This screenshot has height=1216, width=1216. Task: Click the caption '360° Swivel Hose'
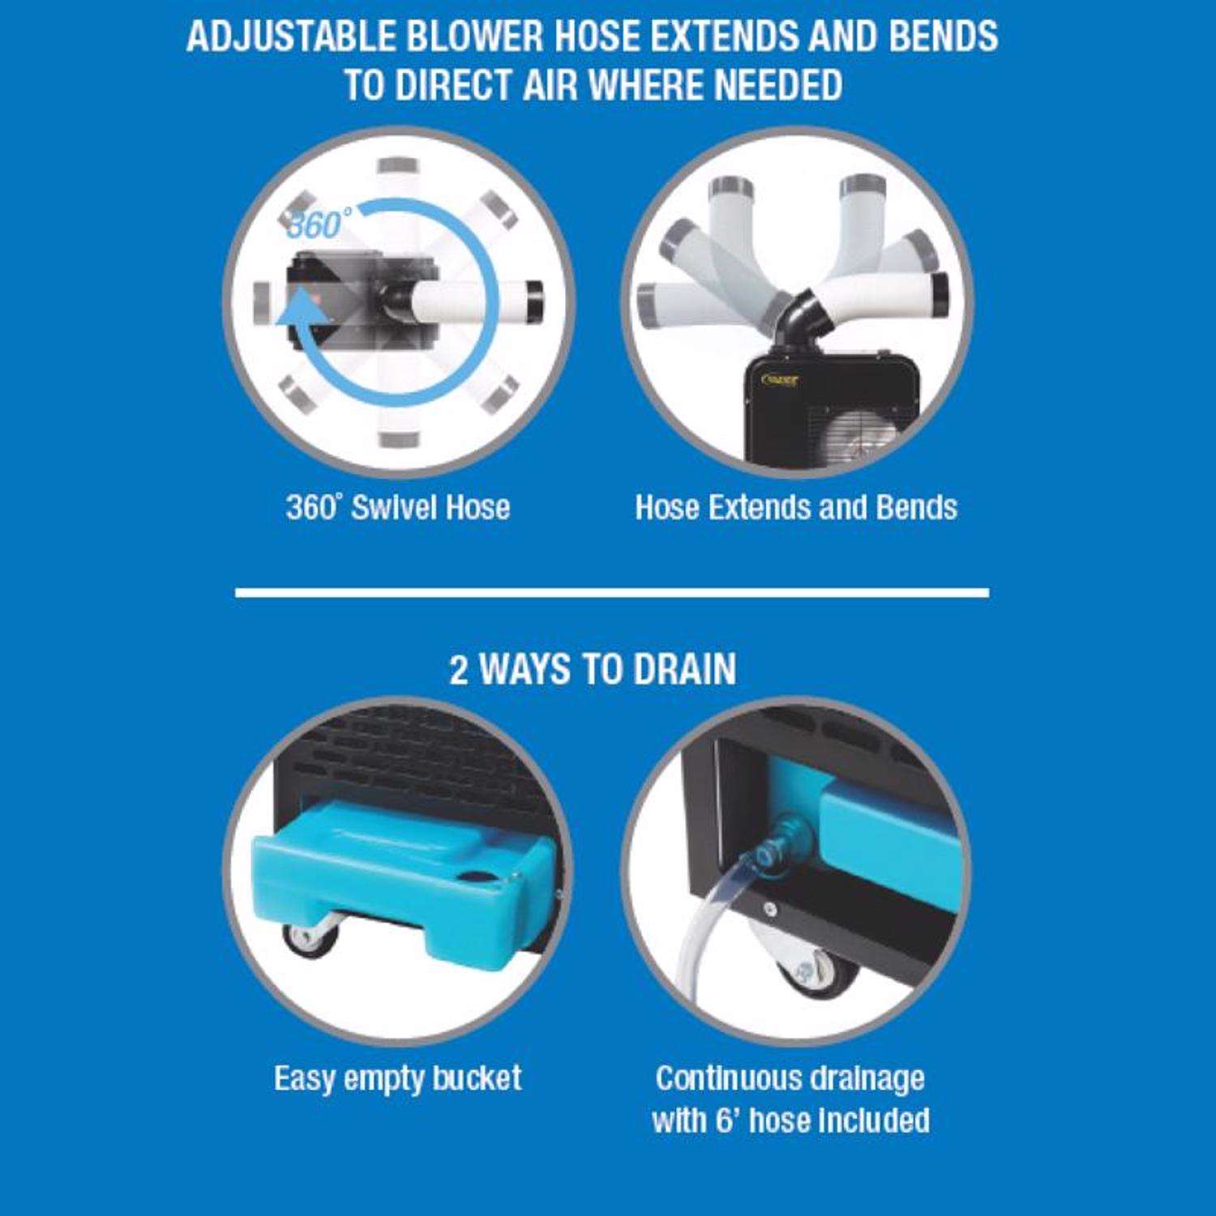pos(398,507)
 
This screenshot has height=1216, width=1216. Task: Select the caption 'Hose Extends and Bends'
pos(796,507)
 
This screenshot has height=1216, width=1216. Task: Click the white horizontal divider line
pos(612,593)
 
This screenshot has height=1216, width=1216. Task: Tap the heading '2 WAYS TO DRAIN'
pos(593,670)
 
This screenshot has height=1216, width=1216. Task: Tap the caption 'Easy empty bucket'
pos(398,1078)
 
